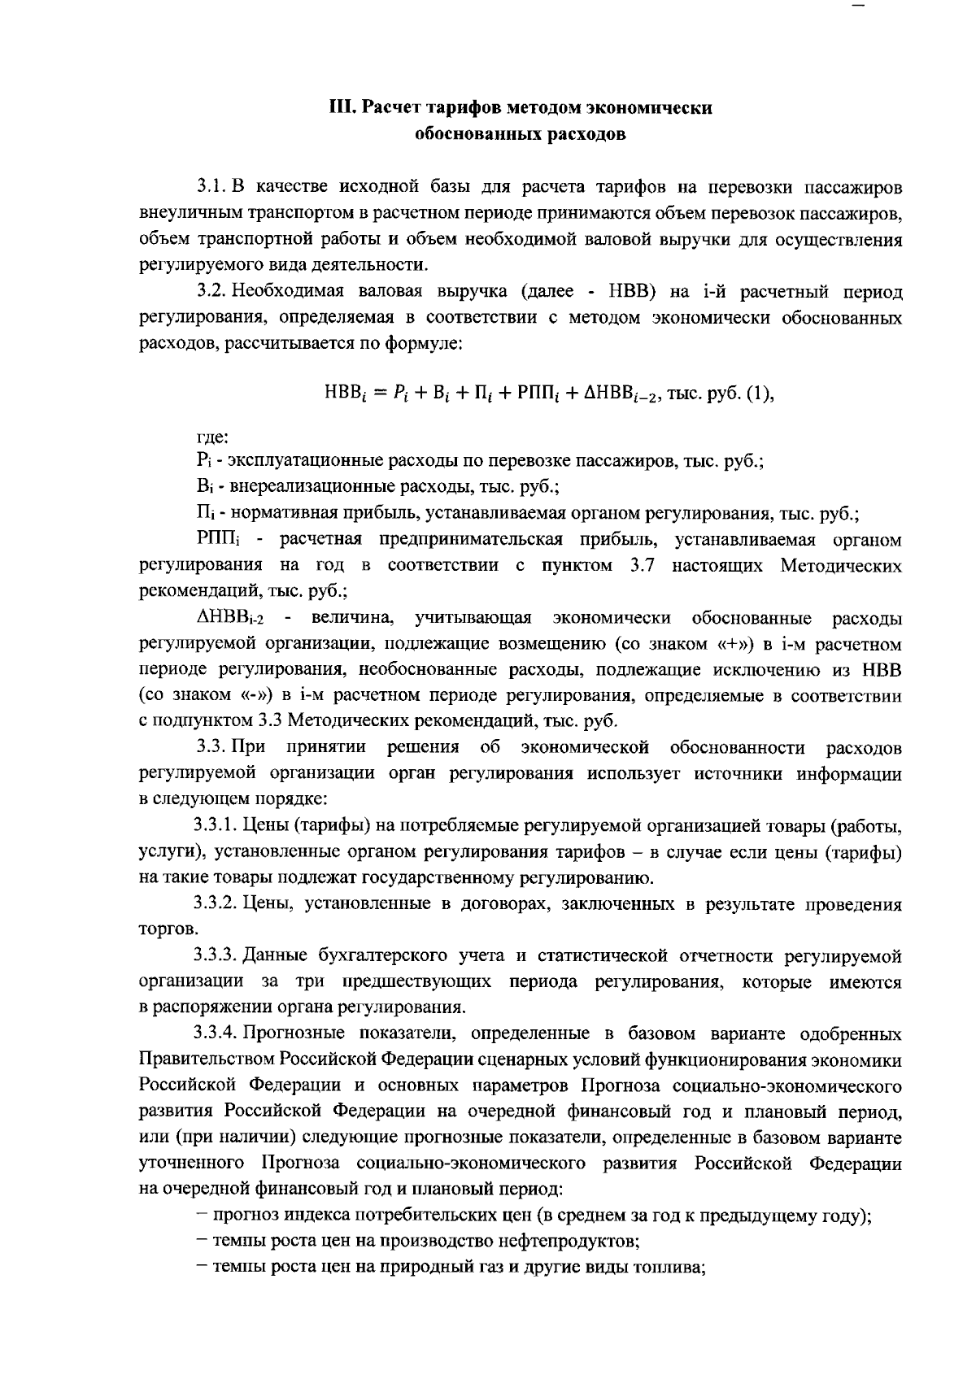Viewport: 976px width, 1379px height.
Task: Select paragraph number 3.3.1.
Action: tap(216, 826)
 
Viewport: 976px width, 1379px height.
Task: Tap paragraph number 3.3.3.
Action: tap(216, 955)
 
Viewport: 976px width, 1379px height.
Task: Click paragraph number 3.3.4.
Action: tap(216, 1034)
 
